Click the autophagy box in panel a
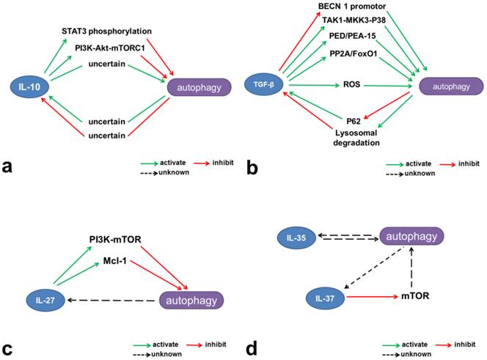200,88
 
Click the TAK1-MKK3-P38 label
354,22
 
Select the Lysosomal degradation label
351,130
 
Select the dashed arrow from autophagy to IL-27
110,300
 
